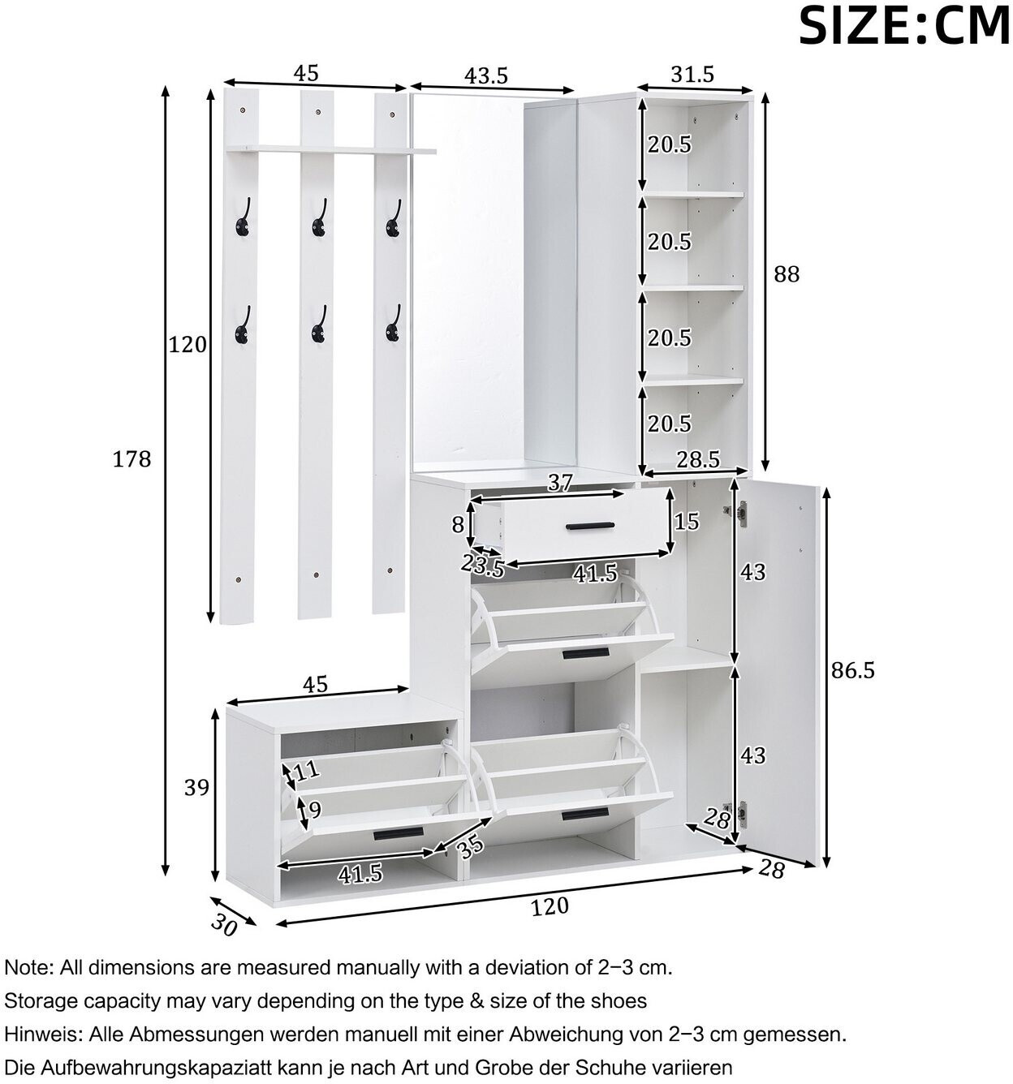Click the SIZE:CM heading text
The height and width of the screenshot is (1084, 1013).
pyautogui.click(x=904, y=27)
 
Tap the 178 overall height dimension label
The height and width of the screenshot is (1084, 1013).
pyautogui.click(x=131, y=459)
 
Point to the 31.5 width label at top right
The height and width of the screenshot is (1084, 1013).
pyautogui.click(x=692, y=74)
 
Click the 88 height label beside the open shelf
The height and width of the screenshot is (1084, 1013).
pyautogui.click(x=787, y=274)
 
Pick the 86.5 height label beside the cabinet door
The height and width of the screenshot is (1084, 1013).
pyautogui.click(x=852, y=670)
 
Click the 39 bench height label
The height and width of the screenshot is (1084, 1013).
pyautogui.click(x=196, y=788)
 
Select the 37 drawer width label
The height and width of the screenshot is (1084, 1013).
pyautogui.click(x=560, y=483)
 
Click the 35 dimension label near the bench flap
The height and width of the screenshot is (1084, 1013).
pyautogui.click(x=469, y=845)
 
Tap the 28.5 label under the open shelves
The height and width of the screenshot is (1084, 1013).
pyautogui.click(x=698, y=460)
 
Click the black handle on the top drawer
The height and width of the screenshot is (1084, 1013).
pyautogui.click(x=590, y=526)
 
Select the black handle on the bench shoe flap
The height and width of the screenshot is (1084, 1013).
pyautogui.click(x=399, y=833)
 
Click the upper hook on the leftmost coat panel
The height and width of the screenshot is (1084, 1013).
pyautogui.click(x=243, y=217)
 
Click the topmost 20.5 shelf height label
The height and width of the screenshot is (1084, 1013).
pyautogui.click(x=670, y=144)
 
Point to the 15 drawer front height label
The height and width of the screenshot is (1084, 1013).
pyautogui.click(x=687, y=522)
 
